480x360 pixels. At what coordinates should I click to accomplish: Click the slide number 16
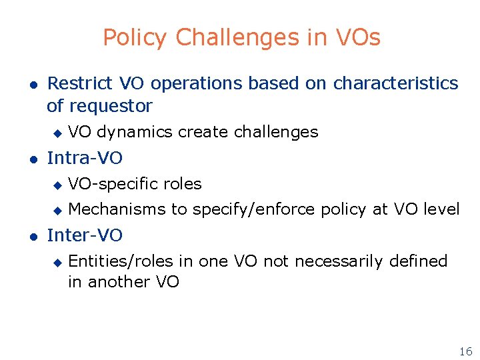click(x=465, y=351)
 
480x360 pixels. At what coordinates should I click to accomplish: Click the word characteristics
click(x=395, y=83)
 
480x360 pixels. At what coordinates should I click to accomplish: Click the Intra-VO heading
click(x=85, y=158)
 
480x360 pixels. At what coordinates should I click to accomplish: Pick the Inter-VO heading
click(x=85, y=235)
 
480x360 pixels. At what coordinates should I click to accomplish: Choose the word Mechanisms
click(x=117, y=209)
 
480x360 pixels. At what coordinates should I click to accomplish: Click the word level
click(x=441, y=209)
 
